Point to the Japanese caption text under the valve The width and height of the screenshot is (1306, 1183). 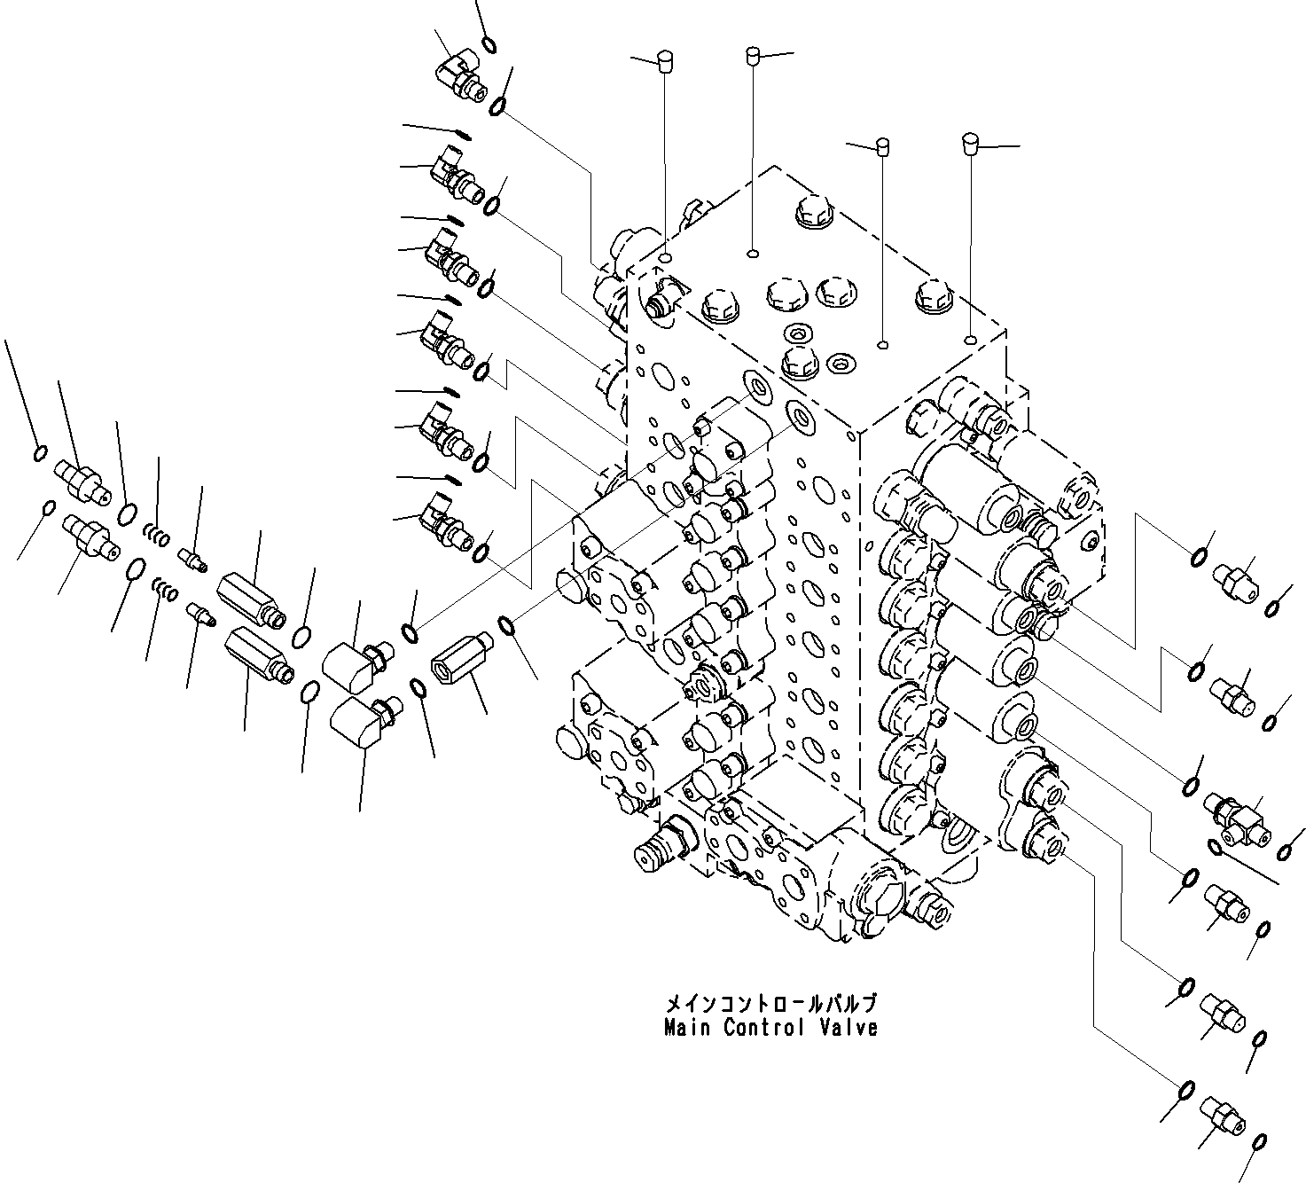pos(770,1005)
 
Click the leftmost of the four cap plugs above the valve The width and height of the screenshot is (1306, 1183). pos(663,60)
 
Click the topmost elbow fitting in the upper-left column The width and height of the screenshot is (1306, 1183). pos(461,74)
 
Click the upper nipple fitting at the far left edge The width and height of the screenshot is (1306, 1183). pos(82,480)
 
